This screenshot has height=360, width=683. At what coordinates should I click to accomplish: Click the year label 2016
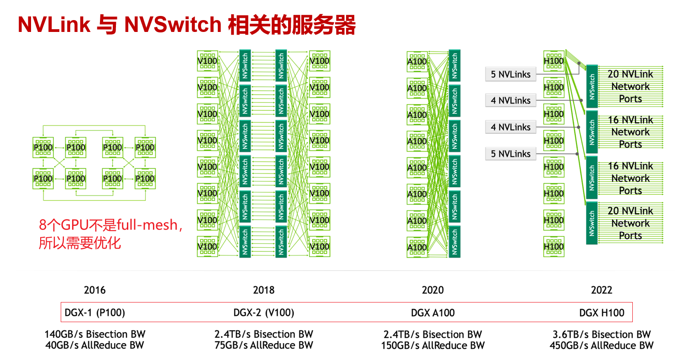pos(95,290)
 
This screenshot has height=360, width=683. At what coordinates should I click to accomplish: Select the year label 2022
pos(601,290)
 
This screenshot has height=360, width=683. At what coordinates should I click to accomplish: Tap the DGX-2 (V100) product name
pos(264,313)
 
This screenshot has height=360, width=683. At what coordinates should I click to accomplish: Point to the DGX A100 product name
pos(433,313)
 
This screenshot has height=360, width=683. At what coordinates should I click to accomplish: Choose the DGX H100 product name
pos(601,313)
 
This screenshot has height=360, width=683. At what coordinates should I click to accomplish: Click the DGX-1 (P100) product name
pos(95,313)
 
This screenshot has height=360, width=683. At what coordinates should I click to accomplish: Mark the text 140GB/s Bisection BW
pos(95,334)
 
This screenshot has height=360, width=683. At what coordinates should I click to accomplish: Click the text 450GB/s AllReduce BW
pos(601,345)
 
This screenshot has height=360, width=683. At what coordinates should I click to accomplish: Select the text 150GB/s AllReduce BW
pos(433,345)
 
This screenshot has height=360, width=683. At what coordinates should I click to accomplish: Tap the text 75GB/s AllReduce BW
pos(264,345)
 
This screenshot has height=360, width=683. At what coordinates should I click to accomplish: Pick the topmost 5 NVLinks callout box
pos(510,74)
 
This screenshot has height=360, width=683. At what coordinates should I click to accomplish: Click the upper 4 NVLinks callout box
pos(510,100)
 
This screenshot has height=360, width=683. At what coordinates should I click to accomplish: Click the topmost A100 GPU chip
pos(417,62)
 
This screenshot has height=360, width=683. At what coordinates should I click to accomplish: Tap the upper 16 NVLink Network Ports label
pos(630,132)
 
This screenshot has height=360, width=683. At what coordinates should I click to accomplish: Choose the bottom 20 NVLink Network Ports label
pos(630,224)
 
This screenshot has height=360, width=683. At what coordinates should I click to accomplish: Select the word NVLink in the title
pos(54,25)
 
